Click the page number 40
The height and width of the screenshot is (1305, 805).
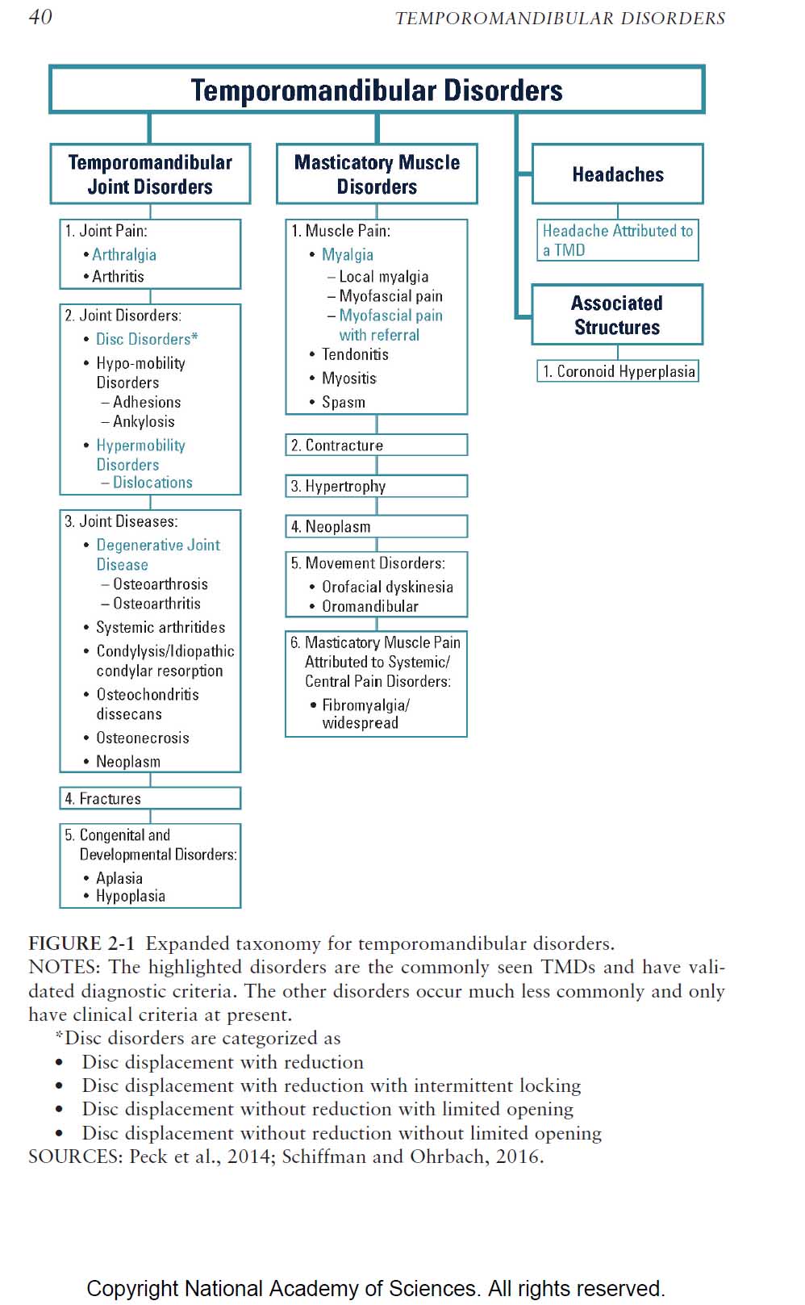(x=40, y=17)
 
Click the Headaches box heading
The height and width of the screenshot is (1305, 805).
(x=617, y=174)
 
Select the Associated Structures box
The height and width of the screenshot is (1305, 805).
(x=617, y=315)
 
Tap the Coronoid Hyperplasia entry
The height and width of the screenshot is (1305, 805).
(x=618, y=371)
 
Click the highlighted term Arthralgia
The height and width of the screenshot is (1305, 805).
(x=124, y=254)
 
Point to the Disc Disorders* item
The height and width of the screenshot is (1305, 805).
(x=146, y=339)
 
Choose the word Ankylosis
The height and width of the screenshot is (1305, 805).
(x=144, y=421)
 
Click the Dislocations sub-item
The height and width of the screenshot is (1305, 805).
(x=152, y=483)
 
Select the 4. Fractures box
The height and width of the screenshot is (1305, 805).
(x=150, y=798)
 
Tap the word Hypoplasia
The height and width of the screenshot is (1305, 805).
(x=131, y=896)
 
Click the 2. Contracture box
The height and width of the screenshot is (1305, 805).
(x=376, y=445)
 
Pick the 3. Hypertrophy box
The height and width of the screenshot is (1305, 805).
(x=376, y=487)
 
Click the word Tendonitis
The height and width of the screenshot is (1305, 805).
(x=355, y=354)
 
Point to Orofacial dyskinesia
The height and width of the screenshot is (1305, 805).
(x=387, y=587)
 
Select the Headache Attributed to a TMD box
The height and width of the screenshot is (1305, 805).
(x=617, y=241)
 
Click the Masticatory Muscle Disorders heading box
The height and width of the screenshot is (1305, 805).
(x=377, y=174)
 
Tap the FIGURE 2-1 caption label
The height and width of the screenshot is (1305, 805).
(x=81, y=943)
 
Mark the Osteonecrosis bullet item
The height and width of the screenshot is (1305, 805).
(x=142, y=738)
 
